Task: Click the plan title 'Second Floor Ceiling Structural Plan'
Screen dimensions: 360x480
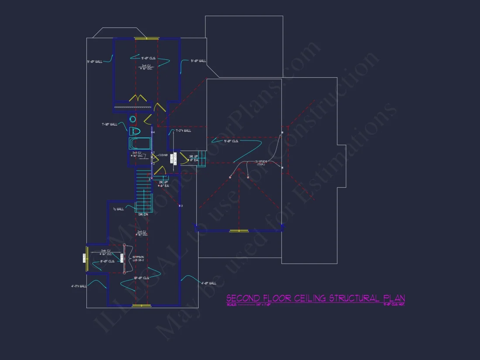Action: click(315, 298)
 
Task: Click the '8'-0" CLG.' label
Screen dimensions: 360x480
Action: click(107, 262)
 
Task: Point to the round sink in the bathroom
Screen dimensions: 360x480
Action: click(133, 119)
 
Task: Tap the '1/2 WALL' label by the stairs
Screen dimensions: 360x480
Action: click(118, 209)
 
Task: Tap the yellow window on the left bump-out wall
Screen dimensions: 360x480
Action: click(87, 259)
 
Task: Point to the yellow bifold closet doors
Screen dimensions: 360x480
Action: click(138, 98)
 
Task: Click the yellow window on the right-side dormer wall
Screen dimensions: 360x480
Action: click(239, 230)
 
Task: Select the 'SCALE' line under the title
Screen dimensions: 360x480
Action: click(249, 305)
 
